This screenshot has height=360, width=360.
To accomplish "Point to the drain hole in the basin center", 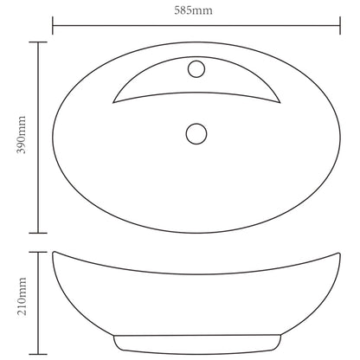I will pos(196,133).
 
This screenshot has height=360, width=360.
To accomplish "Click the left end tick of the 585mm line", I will pos(54,26).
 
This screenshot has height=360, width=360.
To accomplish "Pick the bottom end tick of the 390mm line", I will pos(37,233).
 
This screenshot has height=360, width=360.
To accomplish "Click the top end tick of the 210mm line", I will pos(37,252).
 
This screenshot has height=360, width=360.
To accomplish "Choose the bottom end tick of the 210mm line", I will pos(37,339).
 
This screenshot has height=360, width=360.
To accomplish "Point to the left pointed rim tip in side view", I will pos(54,253).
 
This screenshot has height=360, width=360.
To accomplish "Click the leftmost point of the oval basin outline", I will pos(54,137).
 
